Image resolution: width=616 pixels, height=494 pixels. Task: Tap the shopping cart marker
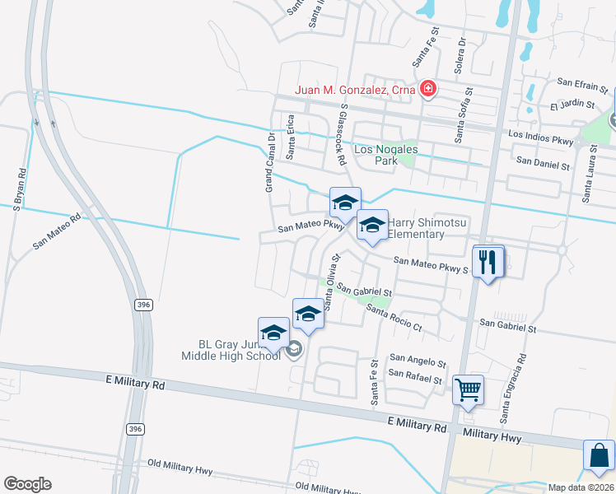tap(469, 389)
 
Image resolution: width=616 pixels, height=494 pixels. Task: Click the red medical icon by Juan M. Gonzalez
tap(427, 89)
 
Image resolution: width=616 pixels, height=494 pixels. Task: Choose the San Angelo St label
tap(418, 361)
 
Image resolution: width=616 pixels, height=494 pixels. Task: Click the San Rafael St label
tap(416, 377)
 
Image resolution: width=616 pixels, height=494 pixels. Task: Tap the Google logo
tap(27, 484)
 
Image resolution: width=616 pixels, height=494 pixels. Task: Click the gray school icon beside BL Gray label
tap(294, 351)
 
